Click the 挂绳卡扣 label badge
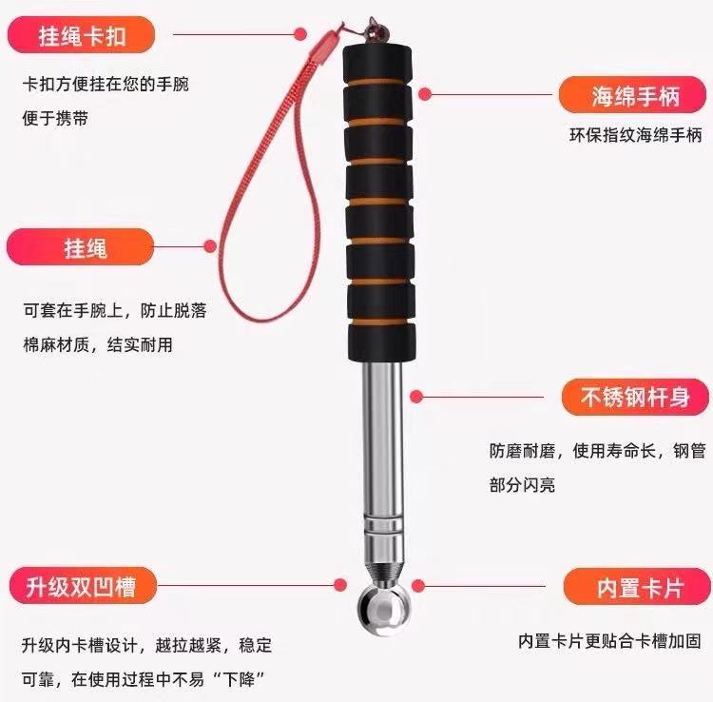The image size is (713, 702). coord(82,35)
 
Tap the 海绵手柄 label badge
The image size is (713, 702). coord(632,95)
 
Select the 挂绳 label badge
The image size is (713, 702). coord(81,247)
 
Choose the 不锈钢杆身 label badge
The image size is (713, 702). coord(635,398)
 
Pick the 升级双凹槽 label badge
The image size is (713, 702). coord(83,586)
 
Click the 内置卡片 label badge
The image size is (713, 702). coord(637,587)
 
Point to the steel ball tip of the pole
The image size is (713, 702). coord(385,609)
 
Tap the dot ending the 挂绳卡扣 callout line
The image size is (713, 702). coord(300,33)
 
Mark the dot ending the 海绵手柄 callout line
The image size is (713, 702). coord(425,94)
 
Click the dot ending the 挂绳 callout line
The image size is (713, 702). coord(210,246)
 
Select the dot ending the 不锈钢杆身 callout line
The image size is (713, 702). coord(416,397)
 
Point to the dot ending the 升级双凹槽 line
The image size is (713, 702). coord(340,585)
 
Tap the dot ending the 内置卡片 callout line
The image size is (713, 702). coord(418,586)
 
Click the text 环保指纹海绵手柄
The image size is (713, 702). coord(635,135)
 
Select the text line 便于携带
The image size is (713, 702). coord(55,118)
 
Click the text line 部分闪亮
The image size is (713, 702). coord(522,484)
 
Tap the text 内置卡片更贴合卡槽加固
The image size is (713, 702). coord(609,640)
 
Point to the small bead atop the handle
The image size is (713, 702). coord(376,31)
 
